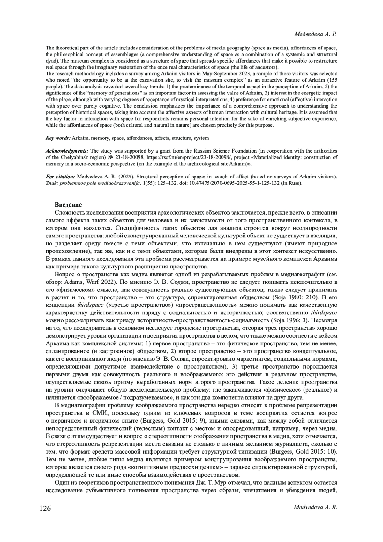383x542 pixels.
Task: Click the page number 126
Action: tap(45, 508)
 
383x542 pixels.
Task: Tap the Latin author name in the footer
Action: tap(315, 508)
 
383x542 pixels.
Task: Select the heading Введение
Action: tap(68, 205)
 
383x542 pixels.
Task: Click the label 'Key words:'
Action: tap(58, 138)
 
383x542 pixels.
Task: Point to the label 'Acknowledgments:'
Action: tap(67, 151)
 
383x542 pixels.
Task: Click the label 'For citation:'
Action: tap(60, 177)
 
